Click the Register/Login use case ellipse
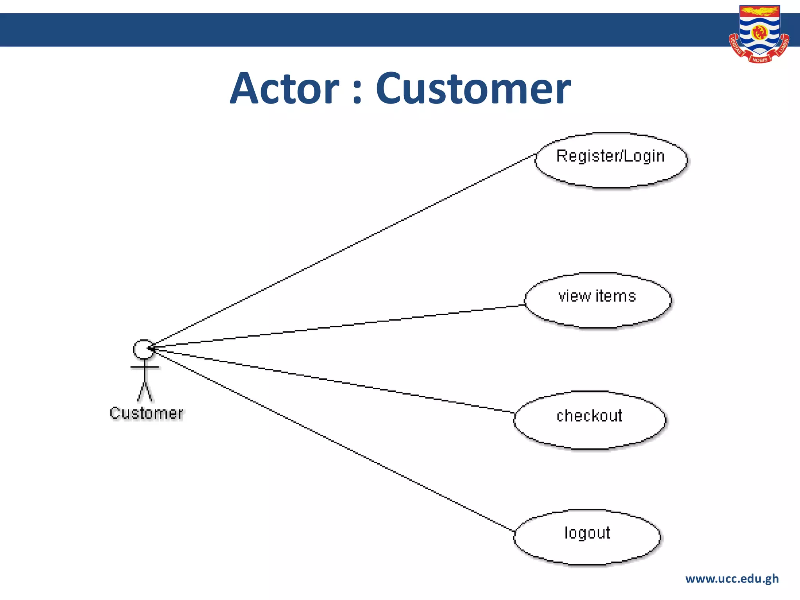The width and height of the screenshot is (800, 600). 611,161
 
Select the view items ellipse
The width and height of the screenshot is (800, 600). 598,300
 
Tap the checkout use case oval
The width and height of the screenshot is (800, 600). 589,420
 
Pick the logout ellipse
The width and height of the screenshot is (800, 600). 587,537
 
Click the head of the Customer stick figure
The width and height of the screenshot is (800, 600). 143,349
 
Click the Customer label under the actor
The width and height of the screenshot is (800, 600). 146,413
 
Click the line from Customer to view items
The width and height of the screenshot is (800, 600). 340,325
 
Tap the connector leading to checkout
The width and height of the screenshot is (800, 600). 332,380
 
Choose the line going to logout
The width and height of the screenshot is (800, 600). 332,439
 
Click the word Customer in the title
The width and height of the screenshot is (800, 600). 473,89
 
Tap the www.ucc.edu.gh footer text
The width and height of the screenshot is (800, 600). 732,579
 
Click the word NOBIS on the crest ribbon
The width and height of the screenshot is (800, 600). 759,60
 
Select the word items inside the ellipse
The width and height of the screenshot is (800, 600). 616,296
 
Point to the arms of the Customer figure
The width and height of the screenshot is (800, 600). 145,367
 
